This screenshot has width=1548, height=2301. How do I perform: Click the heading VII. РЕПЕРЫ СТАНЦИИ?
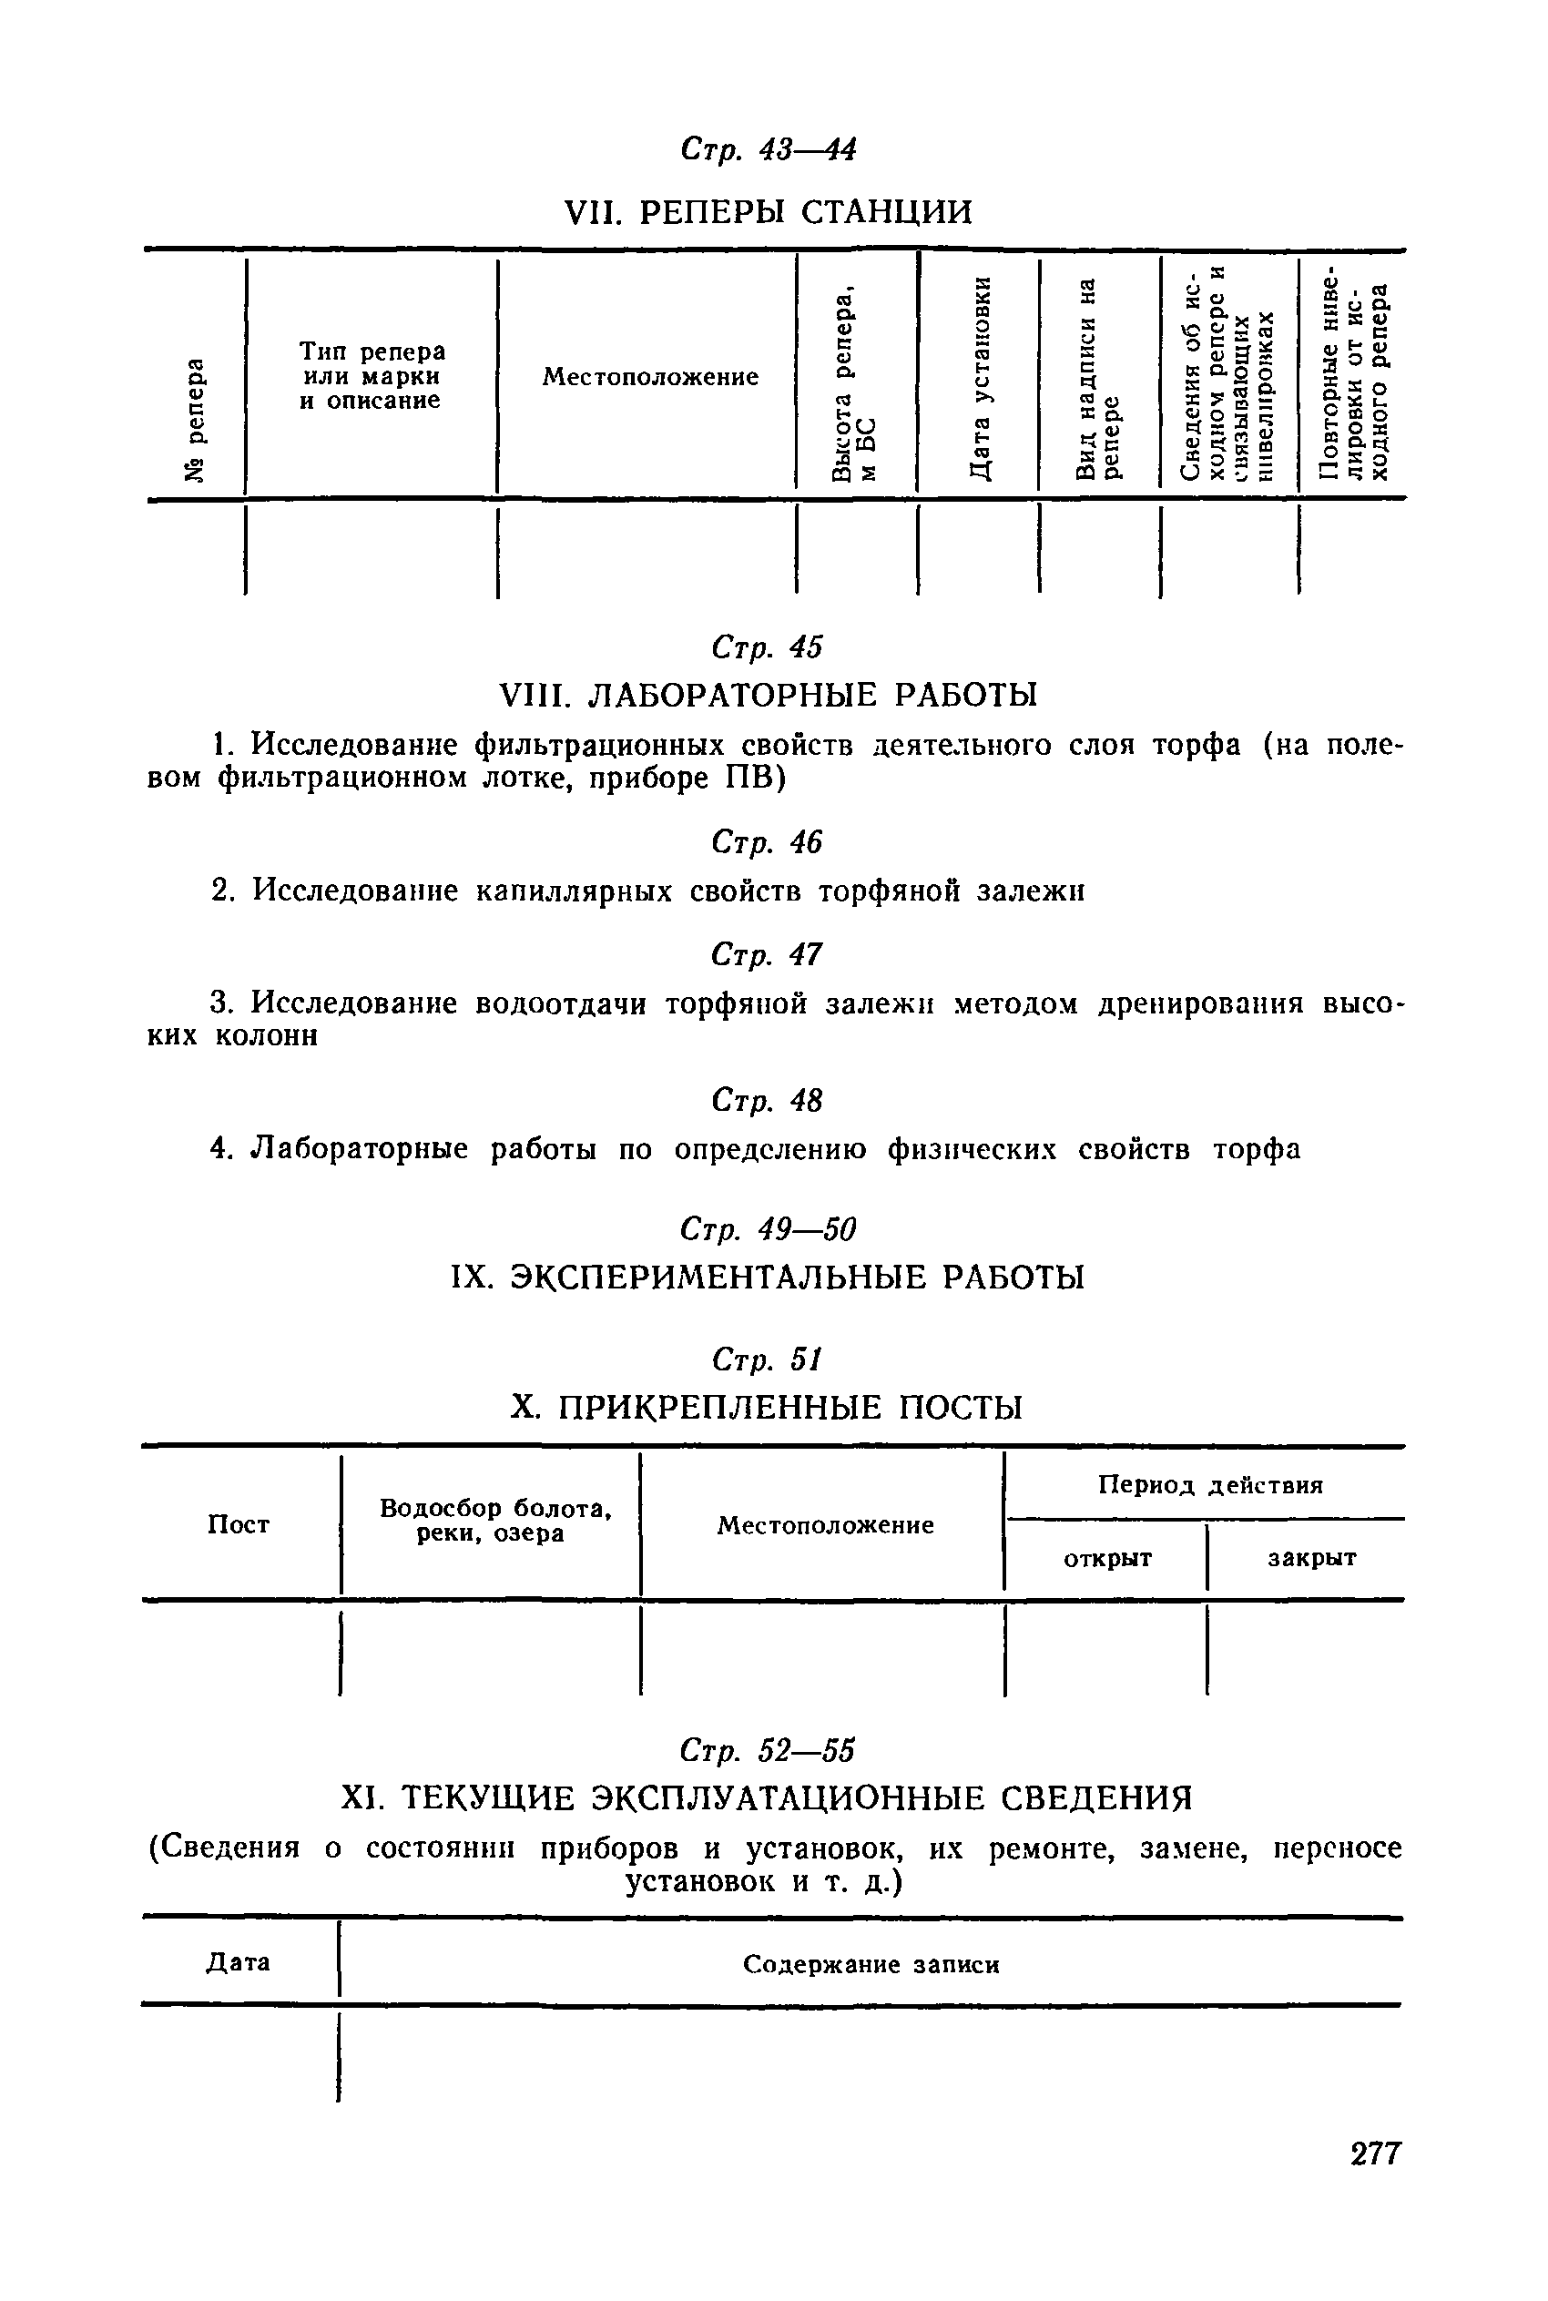point(767,212)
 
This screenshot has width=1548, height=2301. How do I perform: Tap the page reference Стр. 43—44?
point(768,149)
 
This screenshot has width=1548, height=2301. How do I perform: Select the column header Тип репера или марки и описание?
point(372,376)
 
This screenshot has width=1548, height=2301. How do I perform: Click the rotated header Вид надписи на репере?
point(1099,380)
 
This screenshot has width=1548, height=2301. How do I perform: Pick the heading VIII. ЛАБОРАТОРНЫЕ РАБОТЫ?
point(768,696)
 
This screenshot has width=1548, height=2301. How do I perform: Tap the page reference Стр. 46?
point(766,842)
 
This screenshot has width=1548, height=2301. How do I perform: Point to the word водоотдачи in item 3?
point(560,1004)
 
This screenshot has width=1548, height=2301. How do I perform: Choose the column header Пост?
point(238,1525)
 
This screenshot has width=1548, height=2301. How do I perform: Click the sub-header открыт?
point(1106,1559)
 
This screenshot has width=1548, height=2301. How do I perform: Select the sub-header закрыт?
point(1311,1559)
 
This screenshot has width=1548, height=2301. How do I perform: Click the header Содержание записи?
point(871,1964)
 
